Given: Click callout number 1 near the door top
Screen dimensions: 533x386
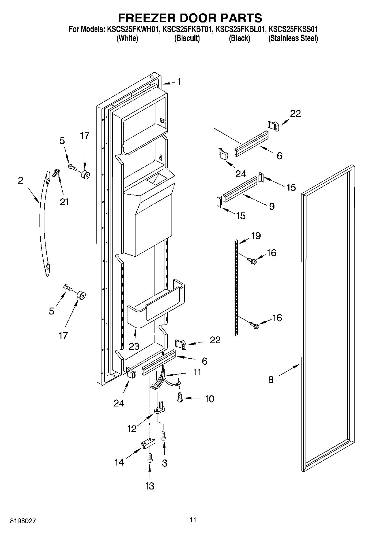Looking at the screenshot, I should point(179,82).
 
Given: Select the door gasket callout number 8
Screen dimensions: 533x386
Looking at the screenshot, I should point(271,379).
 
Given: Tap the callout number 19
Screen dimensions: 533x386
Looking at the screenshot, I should point(256,236).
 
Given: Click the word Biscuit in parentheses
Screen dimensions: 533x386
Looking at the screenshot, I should point(187,38).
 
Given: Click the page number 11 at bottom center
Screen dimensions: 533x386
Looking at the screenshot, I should point(193,519).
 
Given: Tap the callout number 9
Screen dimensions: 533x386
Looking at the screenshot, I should point(272,206).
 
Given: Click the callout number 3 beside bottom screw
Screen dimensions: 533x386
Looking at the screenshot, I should point(165,463).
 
